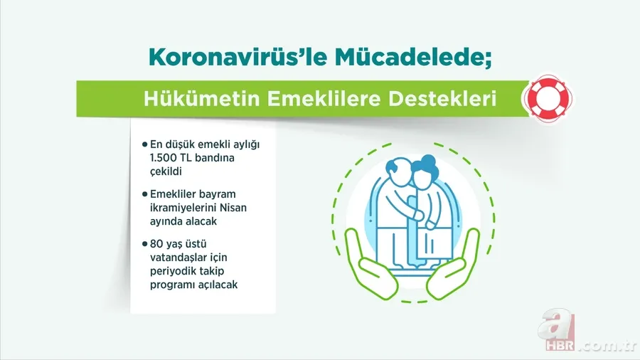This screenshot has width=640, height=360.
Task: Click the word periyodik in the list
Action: click(171, 272)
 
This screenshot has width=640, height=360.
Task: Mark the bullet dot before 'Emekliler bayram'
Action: click(144, 194)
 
